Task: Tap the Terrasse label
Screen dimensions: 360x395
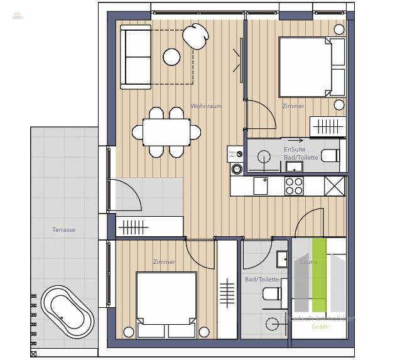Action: [x=63, y=230]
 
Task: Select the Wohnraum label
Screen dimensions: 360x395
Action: [x=206, y=106]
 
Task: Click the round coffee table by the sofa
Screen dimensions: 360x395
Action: [x=171, y=57]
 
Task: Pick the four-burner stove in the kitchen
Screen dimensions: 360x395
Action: [x=295, y=185]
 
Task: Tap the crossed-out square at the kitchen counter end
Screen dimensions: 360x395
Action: [x=335, y=186]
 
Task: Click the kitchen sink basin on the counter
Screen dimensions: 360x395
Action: [x=261, y=185]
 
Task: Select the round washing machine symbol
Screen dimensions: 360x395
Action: [x=237, y=168]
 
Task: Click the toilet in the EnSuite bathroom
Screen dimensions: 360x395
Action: [x=330, y=155]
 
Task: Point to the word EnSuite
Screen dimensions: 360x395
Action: [x=294, y=150]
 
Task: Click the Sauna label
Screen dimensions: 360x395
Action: [x=308, y=262]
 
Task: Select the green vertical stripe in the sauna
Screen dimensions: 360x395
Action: [x=319, y=275]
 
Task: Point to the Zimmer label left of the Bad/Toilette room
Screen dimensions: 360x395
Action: [x=164, y=262]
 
